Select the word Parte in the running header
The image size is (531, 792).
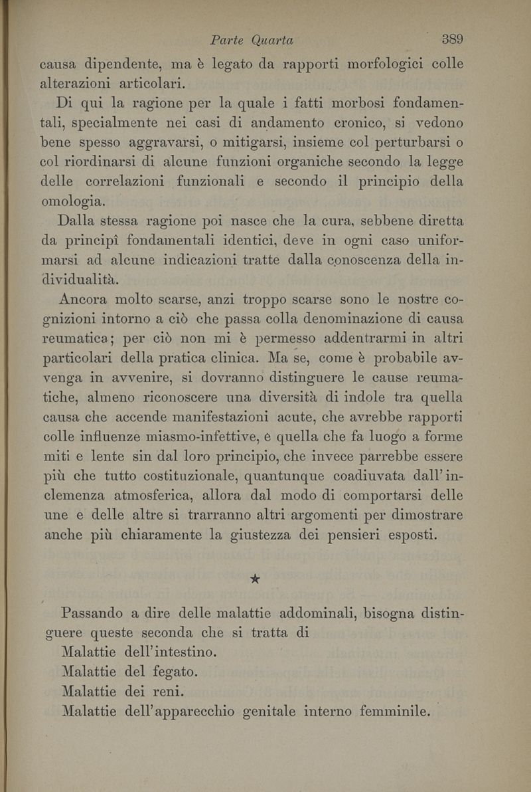pyautogui.click(x=226, y=41)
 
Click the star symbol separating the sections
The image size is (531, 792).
pyautogui.click(x=254, y=580)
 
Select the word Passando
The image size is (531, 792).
pyautogui.click(x=91, y=613)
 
